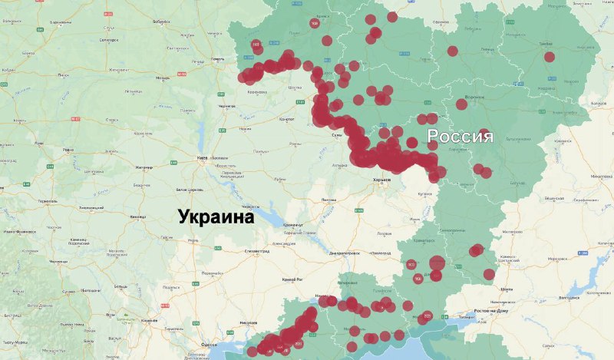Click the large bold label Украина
pos(216,217)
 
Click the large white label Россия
pos(460,137)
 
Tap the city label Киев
pos(203,158)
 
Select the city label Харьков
pos(381,180)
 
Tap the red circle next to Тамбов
pos(550,57)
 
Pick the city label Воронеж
pos(474,98)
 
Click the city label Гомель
pos(219,58)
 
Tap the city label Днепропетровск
pos(345,252)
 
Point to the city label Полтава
pos(330,199)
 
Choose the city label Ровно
pos(68,150)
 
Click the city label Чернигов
pos(227,106)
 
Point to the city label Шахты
pos(507,289)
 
